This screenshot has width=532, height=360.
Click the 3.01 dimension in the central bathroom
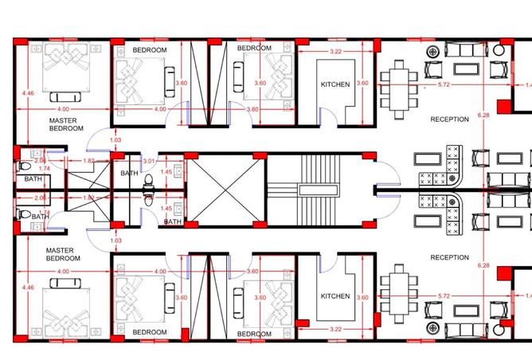pos(147,160)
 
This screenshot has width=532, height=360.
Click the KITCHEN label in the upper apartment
pos(334,84)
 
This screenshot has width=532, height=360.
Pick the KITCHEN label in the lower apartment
pos(334,296)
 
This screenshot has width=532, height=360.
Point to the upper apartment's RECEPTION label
pos(450,119)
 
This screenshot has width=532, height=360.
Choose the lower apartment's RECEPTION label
pos(450,258)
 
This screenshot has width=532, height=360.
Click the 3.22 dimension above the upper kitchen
pos(336,51)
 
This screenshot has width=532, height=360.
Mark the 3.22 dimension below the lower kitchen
pos(336,327)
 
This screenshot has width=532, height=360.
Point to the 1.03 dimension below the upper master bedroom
pos(115,141)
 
